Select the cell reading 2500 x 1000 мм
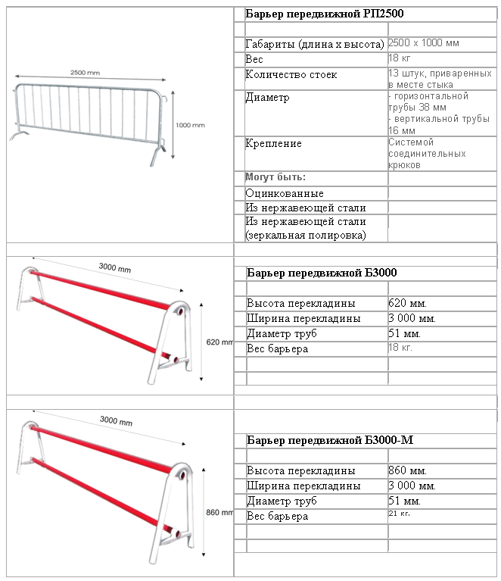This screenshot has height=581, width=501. click(x=424, y=43)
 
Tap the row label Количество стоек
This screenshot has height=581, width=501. click(x=291, y=75)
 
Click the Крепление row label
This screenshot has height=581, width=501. click(x=273, y=143)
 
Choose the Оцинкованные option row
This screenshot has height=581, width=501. click(x=285, y=193)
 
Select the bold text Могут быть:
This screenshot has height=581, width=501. click(x=275, y=177)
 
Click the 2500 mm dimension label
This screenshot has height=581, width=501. click(x=85, y=73)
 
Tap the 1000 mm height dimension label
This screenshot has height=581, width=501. click(x=190, y=125)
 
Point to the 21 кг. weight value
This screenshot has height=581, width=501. click(x=399, y=514)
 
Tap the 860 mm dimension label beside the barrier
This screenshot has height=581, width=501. click(x=218, y=513)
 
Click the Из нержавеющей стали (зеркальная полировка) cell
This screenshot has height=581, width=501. click(x=306, y=228)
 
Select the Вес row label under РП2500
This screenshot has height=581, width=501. click(x=254, y=58)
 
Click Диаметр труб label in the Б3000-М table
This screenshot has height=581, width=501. click(x=281, y=501)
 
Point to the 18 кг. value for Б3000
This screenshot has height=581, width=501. click(x=401, y=348)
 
